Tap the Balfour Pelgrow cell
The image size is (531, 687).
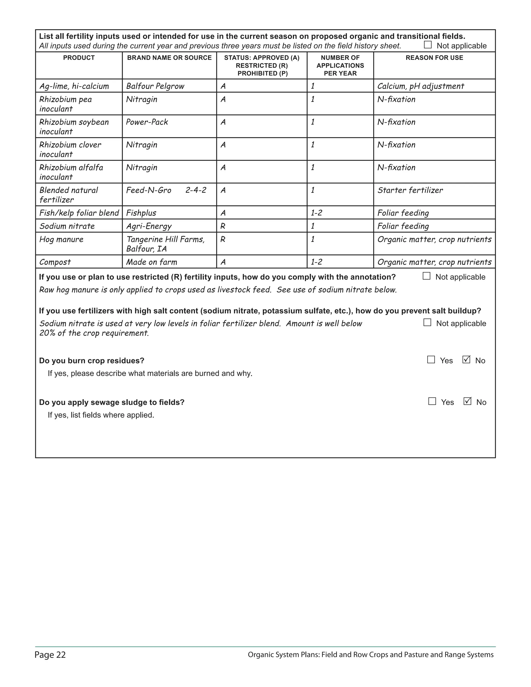coord(155,86)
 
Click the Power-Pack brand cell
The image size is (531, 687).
coord(147,122)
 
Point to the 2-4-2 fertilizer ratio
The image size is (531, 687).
coord(196,190)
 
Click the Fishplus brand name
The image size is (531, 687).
coord(141,213)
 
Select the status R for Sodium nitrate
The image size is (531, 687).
coord(223,226)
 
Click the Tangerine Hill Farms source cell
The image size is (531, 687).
coord(165,244)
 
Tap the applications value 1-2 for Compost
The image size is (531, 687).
coord(317,262)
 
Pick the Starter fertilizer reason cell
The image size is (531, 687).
coord(410,190)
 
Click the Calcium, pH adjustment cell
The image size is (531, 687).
coord(421,86)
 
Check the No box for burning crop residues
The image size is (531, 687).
coord(466,360)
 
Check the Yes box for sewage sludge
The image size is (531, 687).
coord(432,401)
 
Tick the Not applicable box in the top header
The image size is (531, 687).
coord(428,45)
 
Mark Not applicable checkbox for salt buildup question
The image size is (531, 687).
coord(427,323)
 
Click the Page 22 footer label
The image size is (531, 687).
coord(50,655)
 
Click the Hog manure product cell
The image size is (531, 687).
coord(61,239)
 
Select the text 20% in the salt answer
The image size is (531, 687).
coord(47,333)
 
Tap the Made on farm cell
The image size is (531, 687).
coord(151,262)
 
